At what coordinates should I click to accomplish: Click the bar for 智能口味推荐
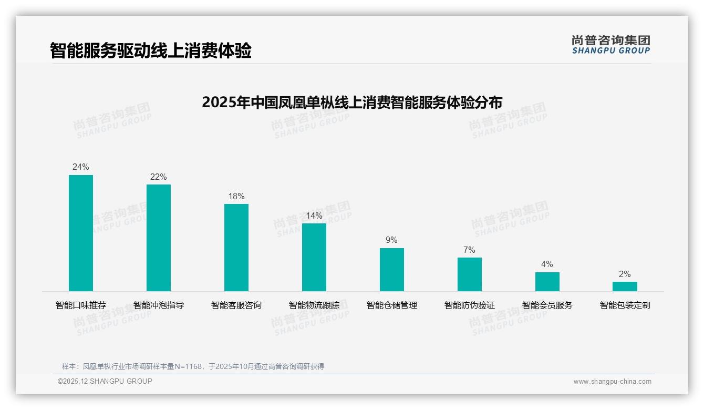pos(81,233)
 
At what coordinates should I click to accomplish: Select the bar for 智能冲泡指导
pos(159,238)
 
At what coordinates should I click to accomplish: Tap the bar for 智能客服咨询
pos(236,247)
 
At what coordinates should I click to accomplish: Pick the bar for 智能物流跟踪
pos(314,257)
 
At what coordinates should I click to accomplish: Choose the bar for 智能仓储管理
pos(392,269)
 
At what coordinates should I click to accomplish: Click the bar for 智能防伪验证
pos(470,274)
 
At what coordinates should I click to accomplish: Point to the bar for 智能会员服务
pos(547,281)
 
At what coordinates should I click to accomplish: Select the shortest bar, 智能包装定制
pos(625,286)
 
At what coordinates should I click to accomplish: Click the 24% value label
pos(81,167)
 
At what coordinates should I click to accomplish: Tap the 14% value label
pos(314,216)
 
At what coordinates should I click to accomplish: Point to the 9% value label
pos(392,240)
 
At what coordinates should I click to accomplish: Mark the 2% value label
pos(625,274)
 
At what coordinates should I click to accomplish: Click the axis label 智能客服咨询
pos(236,305)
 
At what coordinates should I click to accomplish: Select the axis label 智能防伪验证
pos(470,305)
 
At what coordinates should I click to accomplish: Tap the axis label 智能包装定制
pos(625,305)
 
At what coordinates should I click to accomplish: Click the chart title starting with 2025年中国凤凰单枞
pos(352,102)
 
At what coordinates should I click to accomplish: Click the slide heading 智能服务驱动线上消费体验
pos(151,50)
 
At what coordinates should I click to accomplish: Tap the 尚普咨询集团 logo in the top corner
pos(611,44)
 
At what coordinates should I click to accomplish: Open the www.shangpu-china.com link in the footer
pos(612,382)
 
